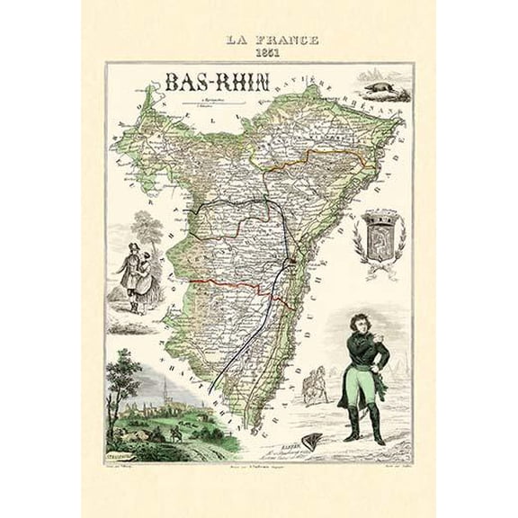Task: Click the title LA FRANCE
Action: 259,40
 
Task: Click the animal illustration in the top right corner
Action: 381,88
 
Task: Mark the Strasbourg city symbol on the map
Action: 292,262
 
